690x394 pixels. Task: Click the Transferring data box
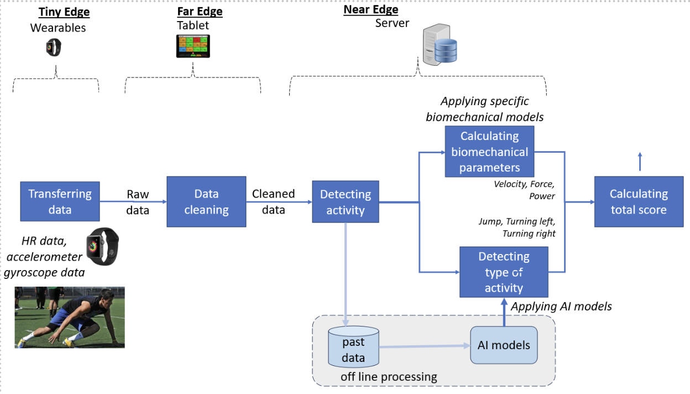[60, 201]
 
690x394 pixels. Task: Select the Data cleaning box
[206, 201]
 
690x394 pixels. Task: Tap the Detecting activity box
[346, 202]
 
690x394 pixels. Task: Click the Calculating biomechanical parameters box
[489, 151]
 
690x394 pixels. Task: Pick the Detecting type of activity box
[504, 272]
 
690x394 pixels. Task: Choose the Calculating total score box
[638, 201]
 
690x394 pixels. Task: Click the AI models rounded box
[504, 345]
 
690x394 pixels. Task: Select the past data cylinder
[353, 347]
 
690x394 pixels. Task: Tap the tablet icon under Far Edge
[193, 46]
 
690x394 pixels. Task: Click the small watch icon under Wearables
[54, 48]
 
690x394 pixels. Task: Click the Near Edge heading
[370, 9]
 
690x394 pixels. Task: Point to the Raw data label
[138, 202]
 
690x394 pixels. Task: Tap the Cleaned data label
[273, 201]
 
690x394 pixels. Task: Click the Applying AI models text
[561, 306]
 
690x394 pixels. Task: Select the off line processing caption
[389, 377]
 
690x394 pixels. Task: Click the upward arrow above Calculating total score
[640, 161]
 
